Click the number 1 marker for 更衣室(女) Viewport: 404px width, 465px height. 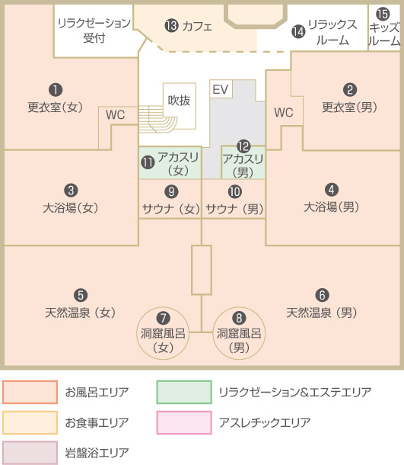pyautogui.click(x=56, y=90)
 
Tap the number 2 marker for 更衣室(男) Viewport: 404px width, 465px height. pyautogui.click(x=350, y=89)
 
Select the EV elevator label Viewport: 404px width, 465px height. pyautogui.click(x=221, y=89)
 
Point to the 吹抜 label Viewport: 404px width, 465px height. pyautogui.click(x=179, y=100)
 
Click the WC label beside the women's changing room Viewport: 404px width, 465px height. pyautogui.click(x=115, y=115)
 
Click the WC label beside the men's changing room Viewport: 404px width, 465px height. pyautogui.click(x=284, y=112)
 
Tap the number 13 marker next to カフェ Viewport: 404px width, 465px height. pyautogui.click(x=172, y=26)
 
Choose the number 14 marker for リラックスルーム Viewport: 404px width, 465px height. pyautogui.click(x=298, y=32)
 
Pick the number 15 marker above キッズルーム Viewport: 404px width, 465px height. pyautogui.click(x=383, y=14)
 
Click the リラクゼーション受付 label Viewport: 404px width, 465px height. pyautogui.click(x=94, y=30)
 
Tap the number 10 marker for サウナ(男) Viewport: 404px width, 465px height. pyautogui.click(x=235, y=191)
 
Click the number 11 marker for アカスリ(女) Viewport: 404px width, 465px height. pyautogui.click(x=148, y=162)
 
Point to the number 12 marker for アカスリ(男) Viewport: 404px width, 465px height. pyautogui.click(x=243, y=146)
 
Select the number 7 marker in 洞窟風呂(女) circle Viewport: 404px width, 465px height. pyautogui.click(x=163, y=318)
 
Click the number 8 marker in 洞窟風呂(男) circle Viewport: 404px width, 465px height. pyautogui.click(x=239, y=318)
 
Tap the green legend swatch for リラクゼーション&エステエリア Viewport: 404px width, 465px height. pyautogui.click(x=184, y=392)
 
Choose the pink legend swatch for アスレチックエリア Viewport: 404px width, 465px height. pyautogui.click(x=184, y=422)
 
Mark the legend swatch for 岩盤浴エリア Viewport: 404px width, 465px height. pyautogui.click(x=30, y=453)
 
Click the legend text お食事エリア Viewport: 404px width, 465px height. pyautogui.click(x=97, y=422)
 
